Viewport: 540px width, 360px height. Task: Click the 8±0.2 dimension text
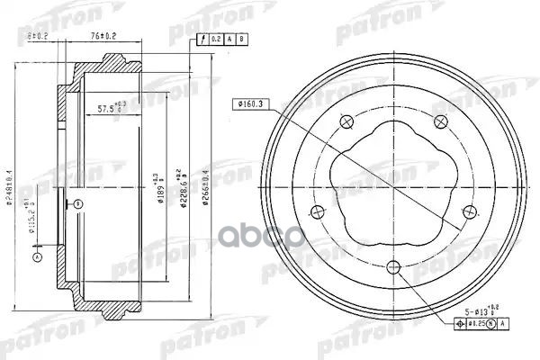(39, 36)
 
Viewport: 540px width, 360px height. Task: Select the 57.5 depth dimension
(115, 109)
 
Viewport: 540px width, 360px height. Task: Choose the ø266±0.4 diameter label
(206, 184)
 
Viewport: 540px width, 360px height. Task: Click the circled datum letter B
(77, 204)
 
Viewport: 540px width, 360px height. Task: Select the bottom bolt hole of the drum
(392, 265)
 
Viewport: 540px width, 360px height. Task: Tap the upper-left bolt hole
(346, 123)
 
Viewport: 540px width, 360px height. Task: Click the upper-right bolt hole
(440, 122)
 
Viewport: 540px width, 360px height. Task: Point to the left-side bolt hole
(316, 212)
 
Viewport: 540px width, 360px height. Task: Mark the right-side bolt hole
(469, 211)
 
